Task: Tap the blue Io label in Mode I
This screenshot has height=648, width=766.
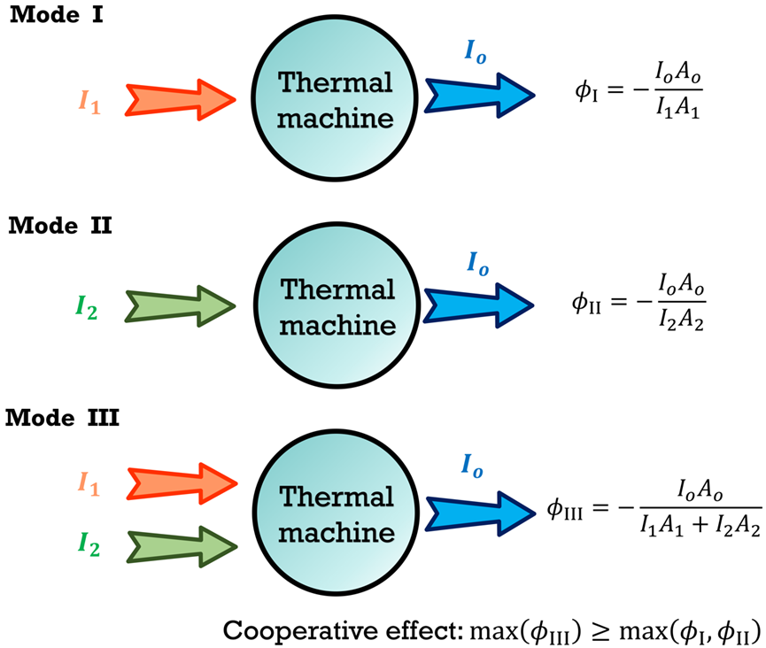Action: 476,52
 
